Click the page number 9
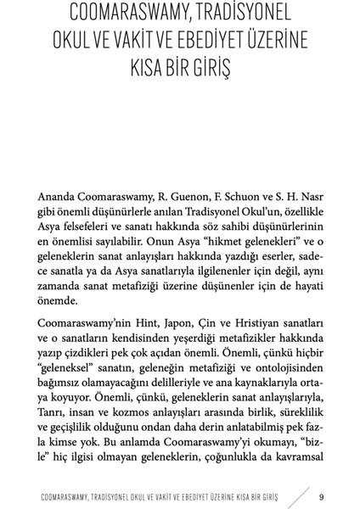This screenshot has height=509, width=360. click(320, 496)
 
